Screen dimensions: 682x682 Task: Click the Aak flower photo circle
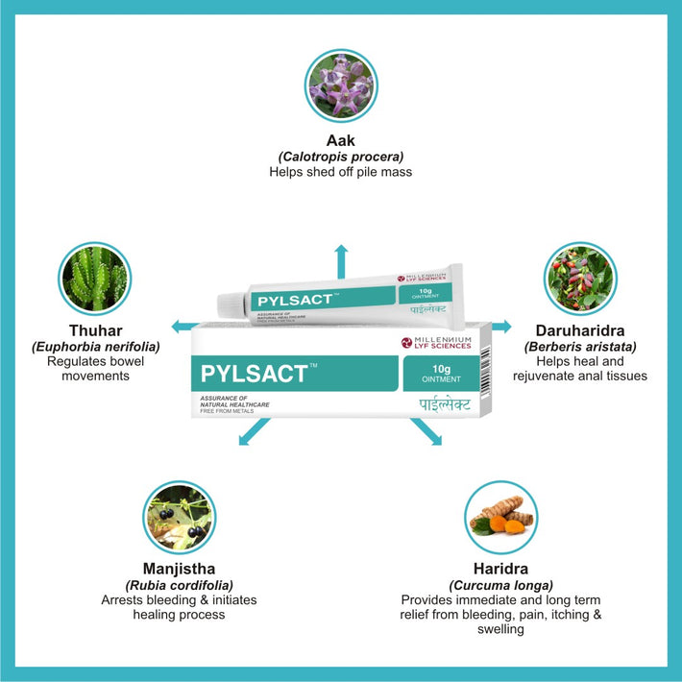pyautogui.click(x=341, y=85)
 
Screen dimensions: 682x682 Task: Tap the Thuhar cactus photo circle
pyautogui.click(x=94, y=279)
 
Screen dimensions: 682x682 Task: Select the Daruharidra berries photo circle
pyautogui.click(x=579, y=279)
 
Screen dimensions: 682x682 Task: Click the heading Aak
pyautogui.click(x=341, y=141)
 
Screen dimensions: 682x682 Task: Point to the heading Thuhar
pyautogui.click(x=94, y=329)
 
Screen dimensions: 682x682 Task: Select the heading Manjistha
pyautogui.click(x=179, y=568)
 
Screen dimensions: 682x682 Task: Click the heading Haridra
pyautogui.click(x=500, y=568)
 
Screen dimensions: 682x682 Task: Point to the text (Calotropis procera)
pyautogui.click(x=341, y=157)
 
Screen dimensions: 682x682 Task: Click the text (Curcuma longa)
pyautogui.click(x=500, y=584)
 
